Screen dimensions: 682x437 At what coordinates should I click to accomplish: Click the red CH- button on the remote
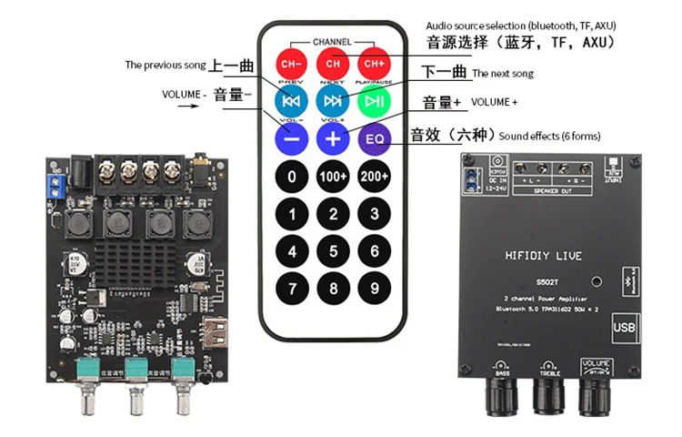click(292, 64)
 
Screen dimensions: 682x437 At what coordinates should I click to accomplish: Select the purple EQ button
click(376, 138)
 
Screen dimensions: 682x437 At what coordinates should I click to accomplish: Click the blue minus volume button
click(292, 138)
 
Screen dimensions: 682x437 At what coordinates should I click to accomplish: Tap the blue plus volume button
click(334, 138)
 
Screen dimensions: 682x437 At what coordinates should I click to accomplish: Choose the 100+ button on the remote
click(334, 177)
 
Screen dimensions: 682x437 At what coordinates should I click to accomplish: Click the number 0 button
click(292, 177)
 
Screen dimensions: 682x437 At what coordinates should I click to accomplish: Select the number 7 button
click(292, 290)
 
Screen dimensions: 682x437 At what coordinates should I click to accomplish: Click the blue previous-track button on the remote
click(292, 100)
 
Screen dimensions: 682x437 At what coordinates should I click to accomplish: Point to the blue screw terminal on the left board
click(56, 188)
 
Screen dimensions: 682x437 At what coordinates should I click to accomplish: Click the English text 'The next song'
click(503, 74)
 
